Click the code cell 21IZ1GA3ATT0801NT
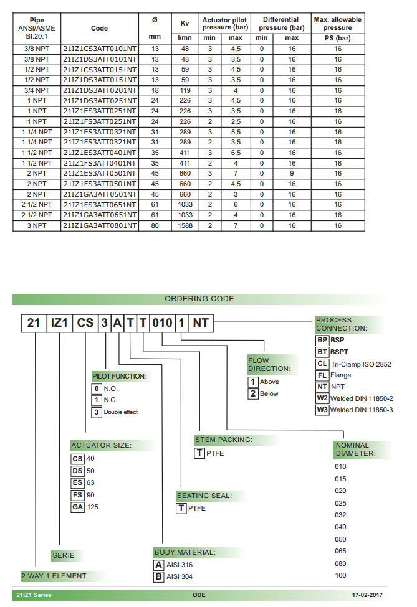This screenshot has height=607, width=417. [100, 225]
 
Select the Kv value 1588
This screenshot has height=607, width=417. [185, 225]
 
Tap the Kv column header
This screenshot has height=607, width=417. [185, 23]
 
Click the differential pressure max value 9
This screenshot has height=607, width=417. [292, 173]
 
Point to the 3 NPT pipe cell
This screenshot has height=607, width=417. [37, 225]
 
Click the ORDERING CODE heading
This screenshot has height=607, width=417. [199, 299]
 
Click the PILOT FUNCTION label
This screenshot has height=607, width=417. [119, 376]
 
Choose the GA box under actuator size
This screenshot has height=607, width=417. [77, 507]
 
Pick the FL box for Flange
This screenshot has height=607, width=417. [322, 375]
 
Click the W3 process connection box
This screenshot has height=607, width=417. [322, 410]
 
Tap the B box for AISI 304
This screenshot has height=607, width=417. [159, 576]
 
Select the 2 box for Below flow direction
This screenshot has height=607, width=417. [253, 393]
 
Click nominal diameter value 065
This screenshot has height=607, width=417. [340, 552]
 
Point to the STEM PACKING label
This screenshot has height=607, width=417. [224, 440]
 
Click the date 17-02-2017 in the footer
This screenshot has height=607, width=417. [367, 595]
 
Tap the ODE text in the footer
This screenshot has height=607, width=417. [199, 595]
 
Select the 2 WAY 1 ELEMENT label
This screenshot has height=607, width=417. [54, 576]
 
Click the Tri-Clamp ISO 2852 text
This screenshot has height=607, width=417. [362, 364]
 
